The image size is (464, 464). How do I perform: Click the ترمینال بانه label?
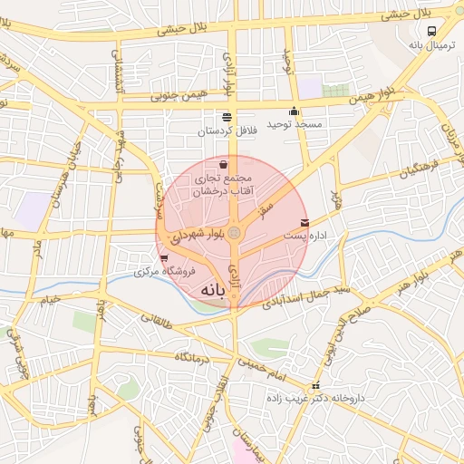(x=430, y=43)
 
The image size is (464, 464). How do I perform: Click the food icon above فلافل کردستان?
(x=226, y=117)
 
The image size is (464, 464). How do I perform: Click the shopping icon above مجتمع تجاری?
(x=224, y=165)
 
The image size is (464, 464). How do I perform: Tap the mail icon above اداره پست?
(x=304, y=222)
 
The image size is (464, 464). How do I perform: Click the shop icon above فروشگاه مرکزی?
(x=163, y=258)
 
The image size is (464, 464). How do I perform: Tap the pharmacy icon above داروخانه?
(x=315, y=385)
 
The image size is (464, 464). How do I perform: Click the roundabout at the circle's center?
(x=234, y=234)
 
